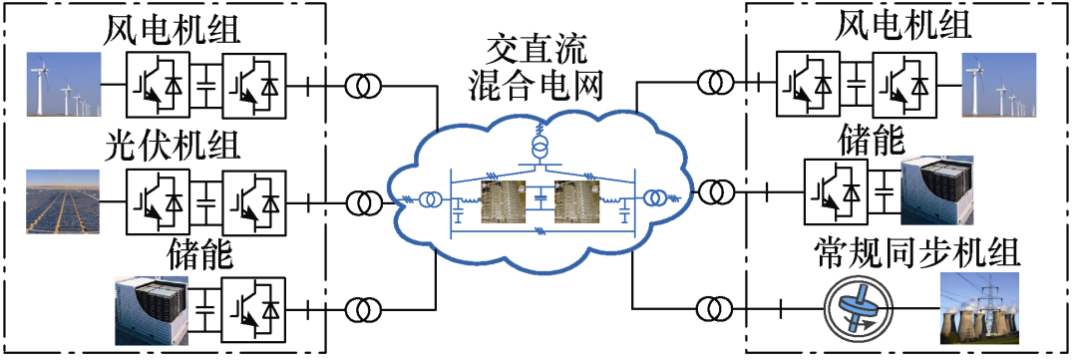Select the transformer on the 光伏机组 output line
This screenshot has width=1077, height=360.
click(x=363, y=203)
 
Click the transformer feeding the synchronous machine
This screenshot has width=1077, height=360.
click(x=714, y=308)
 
